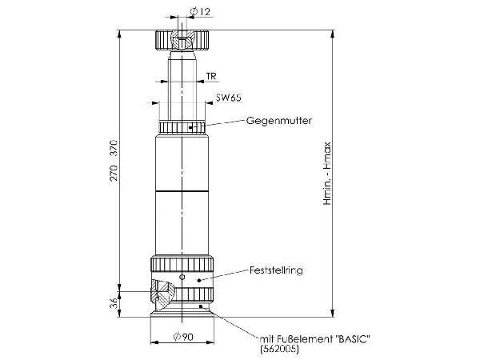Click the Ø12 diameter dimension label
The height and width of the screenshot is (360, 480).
click(x=200, y=12)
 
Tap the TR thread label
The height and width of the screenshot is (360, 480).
click(x=211, y=76)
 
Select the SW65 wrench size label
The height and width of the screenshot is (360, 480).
click(x=228, y=98)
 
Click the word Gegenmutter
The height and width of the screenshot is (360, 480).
click(x=279, y=121)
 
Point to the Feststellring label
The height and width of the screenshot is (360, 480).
click(x=276, y=270)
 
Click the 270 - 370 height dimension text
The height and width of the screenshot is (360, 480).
click(x=114, y=161)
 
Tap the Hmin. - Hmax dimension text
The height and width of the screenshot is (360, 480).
click(x=327, y=174)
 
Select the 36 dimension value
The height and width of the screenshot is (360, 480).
click(x=114, y=303)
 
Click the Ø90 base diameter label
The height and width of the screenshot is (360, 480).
click(x=183, y=337)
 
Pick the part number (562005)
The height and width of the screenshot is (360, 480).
click(x=279, y=349)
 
